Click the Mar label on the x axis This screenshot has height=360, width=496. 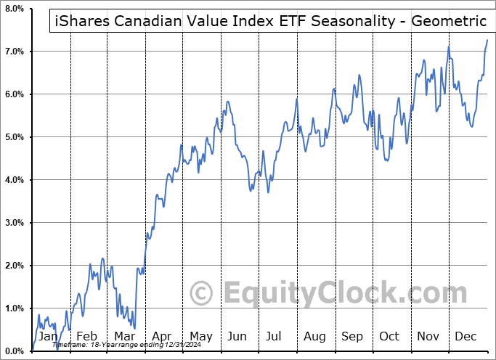pyautogui.click(x=123, y=336)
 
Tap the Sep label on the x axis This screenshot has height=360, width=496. pyautogui.click(x=352, y=336)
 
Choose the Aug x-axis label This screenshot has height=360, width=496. pyautogui.click(x=314, y=336)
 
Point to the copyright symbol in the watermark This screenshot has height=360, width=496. pyautogui.click(x=201, y=293)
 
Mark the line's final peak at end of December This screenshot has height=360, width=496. pyautogui.click(x=487, y=40)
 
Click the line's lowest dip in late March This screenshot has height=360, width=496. pyautogui.click(x=134, y=328)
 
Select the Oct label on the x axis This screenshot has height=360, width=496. pyautogui.click(x=390, y=336)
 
